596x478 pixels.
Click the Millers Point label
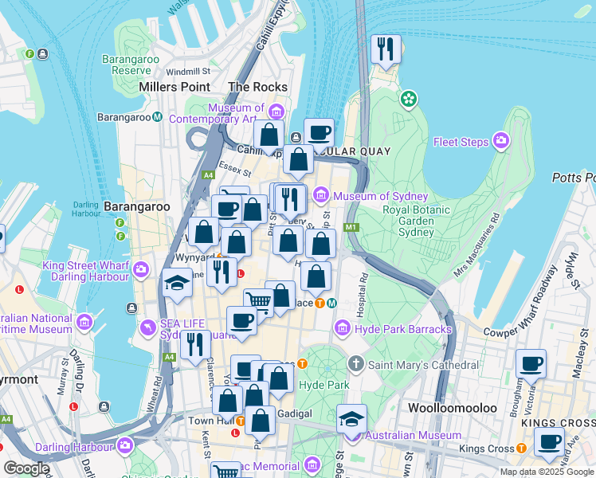pyautogui.click(x=174, y=87)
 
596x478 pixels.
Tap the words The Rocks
pyautogui.click(x=257, y=87)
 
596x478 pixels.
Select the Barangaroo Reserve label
pyautogui.click(x=131, y=65)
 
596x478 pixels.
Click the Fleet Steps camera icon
pyautogui.click(x=501, y=142)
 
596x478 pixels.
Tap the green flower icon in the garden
pyautogui.click(x=409, y=100)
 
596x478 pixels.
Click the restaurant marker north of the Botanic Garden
pyautogui.click(x=386, y=50)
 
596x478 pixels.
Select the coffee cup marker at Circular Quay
pyautogui.click(x=319, y=133)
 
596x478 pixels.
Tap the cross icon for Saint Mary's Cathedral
pyautogui.click(x=356, y=364)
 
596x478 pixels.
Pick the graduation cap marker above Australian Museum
pyautogui.click(x=351, y=419)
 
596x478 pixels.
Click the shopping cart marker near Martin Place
pyautogui.click(x=258, y=302)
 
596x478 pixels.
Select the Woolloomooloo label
pyautogui.click(x=452, y=407)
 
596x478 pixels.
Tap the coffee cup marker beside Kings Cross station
pyautogui.click(x=548, y=442)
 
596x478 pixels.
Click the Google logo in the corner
pyautogui.click(x=26, y=468)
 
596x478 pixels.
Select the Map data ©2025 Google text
pyautogui.click(x=547, y=472)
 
